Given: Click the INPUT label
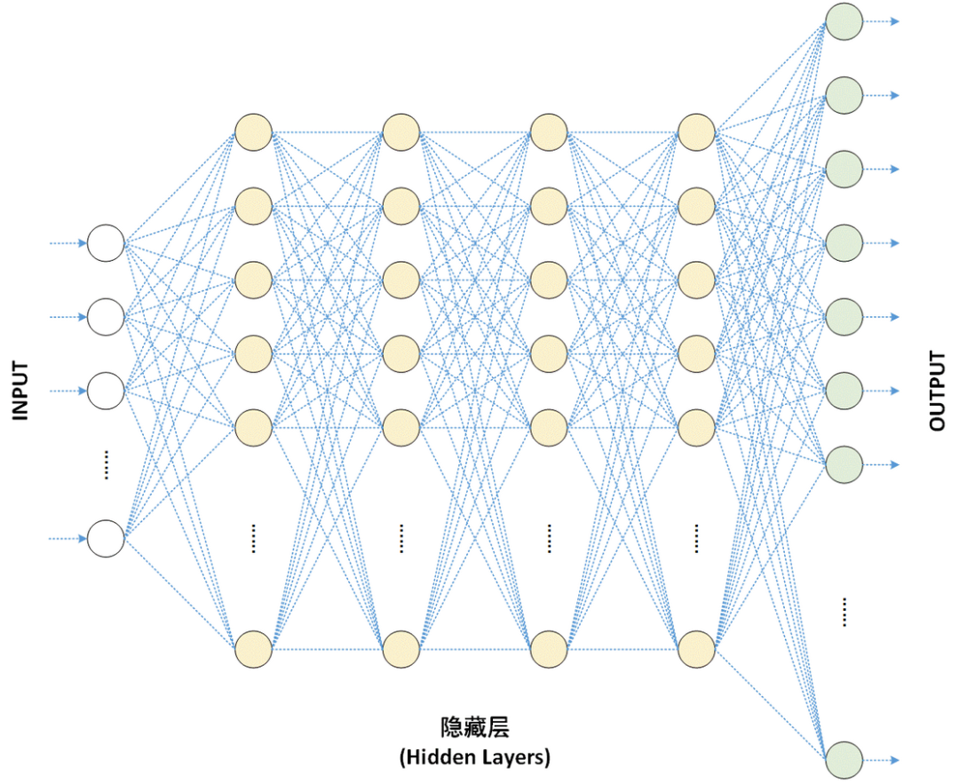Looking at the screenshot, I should point(20,390).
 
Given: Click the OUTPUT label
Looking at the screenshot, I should point(938,391).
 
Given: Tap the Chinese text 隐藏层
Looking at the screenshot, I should point(475,728).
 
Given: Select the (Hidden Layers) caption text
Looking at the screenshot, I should point(475,757).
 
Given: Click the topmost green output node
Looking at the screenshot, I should point(844,21).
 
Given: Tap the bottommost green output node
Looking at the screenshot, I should point(844,759).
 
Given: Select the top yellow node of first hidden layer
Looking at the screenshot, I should point(253,133).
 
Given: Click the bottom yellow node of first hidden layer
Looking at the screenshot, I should point(253,649).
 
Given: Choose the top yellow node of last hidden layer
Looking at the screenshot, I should point(696,133).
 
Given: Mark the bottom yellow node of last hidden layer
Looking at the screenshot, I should point(696,649).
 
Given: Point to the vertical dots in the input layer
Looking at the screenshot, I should point(106,464).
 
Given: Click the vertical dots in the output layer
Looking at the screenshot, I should point(844,613).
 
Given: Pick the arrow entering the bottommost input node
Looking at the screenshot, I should point(69,538).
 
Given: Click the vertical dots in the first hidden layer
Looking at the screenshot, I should point(253,538).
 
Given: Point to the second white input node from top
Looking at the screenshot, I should point(106,316).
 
